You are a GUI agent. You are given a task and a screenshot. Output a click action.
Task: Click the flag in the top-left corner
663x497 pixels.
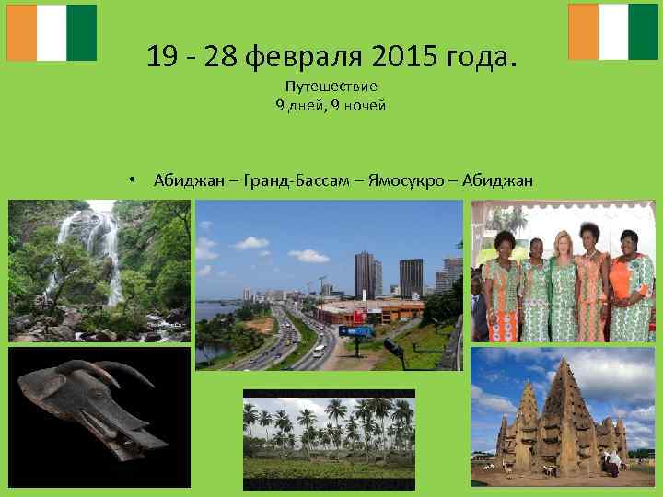click(52, 32)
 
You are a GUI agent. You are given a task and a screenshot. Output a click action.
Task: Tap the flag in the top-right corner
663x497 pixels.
click(613, 32)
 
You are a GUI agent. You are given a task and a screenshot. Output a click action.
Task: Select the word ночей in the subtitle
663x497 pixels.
click(365, 105)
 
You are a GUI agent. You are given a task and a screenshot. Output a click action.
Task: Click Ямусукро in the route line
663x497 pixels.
click(404, 179)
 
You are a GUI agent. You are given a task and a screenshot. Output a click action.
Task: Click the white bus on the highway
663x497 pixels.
click(319, 351)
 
